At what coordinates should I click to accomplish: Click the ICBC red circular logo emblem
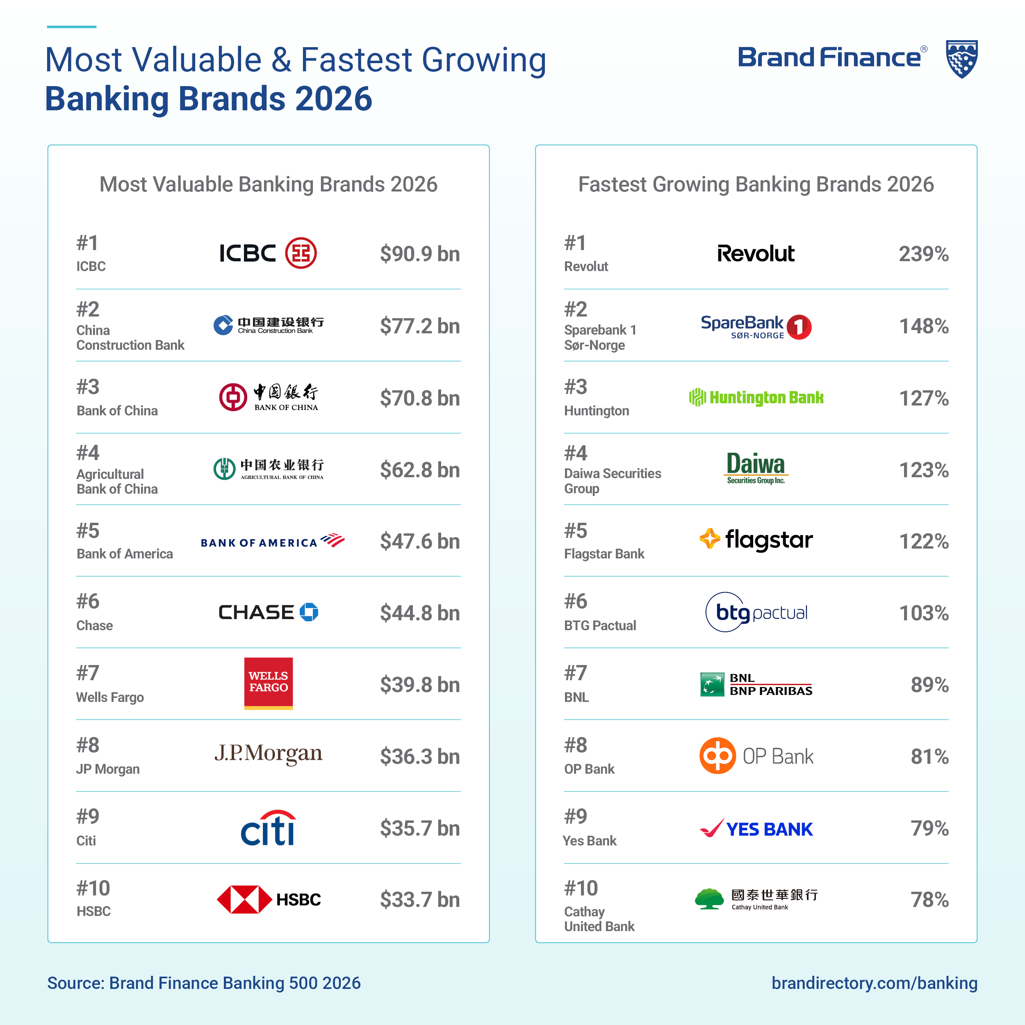click(301, 253)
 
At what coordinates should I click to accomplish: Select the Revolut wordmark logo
click(756, 254)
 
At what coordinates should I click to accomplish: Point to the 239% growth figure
click(923, 254)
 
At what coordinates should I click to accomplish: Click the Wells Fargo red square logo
click(269, 683)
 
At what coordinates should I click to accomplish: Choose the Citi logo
click(269, 828)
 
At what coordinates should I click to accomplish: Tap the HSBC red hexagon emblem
click(245, 899)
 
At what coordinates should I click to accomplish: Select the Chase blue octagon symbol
click(309, 612)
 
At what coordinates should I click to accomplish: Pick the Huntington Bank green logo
click(756, 397)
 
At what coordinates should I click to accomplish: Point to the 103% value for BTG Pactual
click(923, 613)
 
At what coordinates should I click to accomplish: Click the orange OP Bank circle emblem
click(717, 756)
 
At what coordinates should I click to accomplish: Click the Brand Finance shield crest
click(962, 59)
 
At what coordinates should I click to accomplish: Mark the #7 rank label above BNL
click(576, 673)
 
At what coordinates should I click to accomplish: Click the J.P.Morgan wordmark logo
click(269, 753)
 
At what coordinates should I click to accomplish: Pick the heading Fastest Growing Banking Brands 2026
click(756, 184)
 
